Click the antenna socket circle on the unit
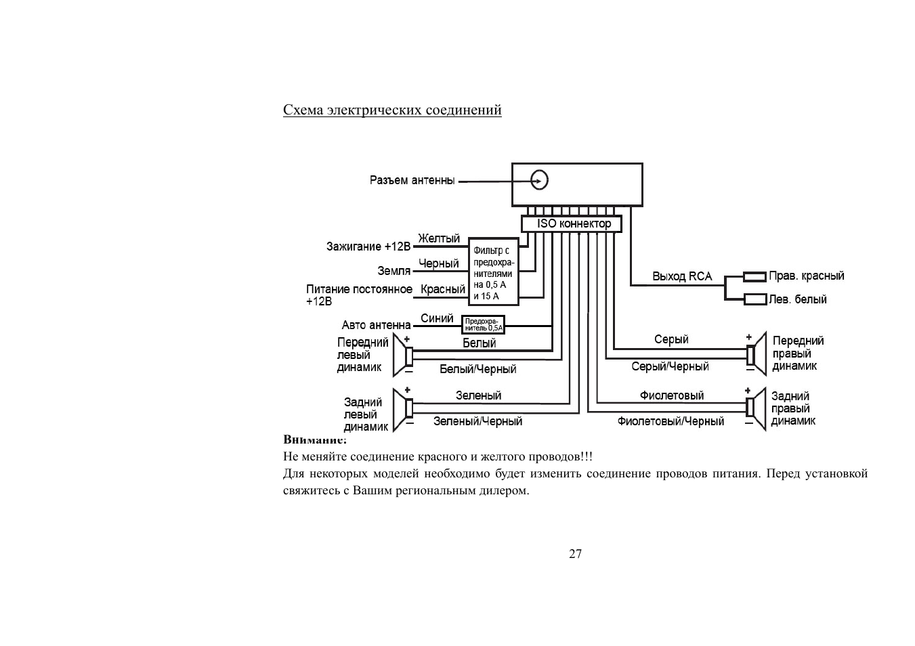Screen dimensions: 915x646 click(x=539, y=180)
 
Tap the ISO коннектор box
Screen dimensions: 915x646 click(x=572, y=223)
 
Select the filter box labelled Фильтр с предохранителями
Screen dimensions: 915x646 click(x=494, y=272)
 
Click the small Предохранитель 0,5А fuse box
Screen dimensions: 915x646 click(x=483, y=324)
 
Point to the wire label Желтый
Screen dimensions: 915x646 click(x=439, y=238)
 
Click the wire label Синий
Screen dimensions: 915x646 click(x=437, y=318)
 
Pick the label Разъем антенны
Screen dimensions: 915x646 click(x=412, y=180)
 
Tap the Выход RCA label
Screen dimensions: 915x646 click(x=682, y=276)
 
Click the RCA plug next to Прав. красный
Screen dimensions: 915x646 click(x=754, y=277)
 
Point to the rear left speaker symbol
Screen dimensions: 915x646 click(x=403, y=410)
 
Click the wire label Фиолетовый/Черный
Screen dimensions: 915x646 click(x=671, y=421)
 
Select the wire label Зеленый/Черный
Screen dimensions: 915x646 click(x=478, y=421)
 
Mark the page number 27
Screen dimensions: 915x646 click(x=575, y=554)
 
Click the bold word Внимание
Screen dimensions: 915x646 click(x=314, y=439)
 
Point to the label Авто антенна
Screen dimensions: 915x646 click(x=376, y=326)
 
